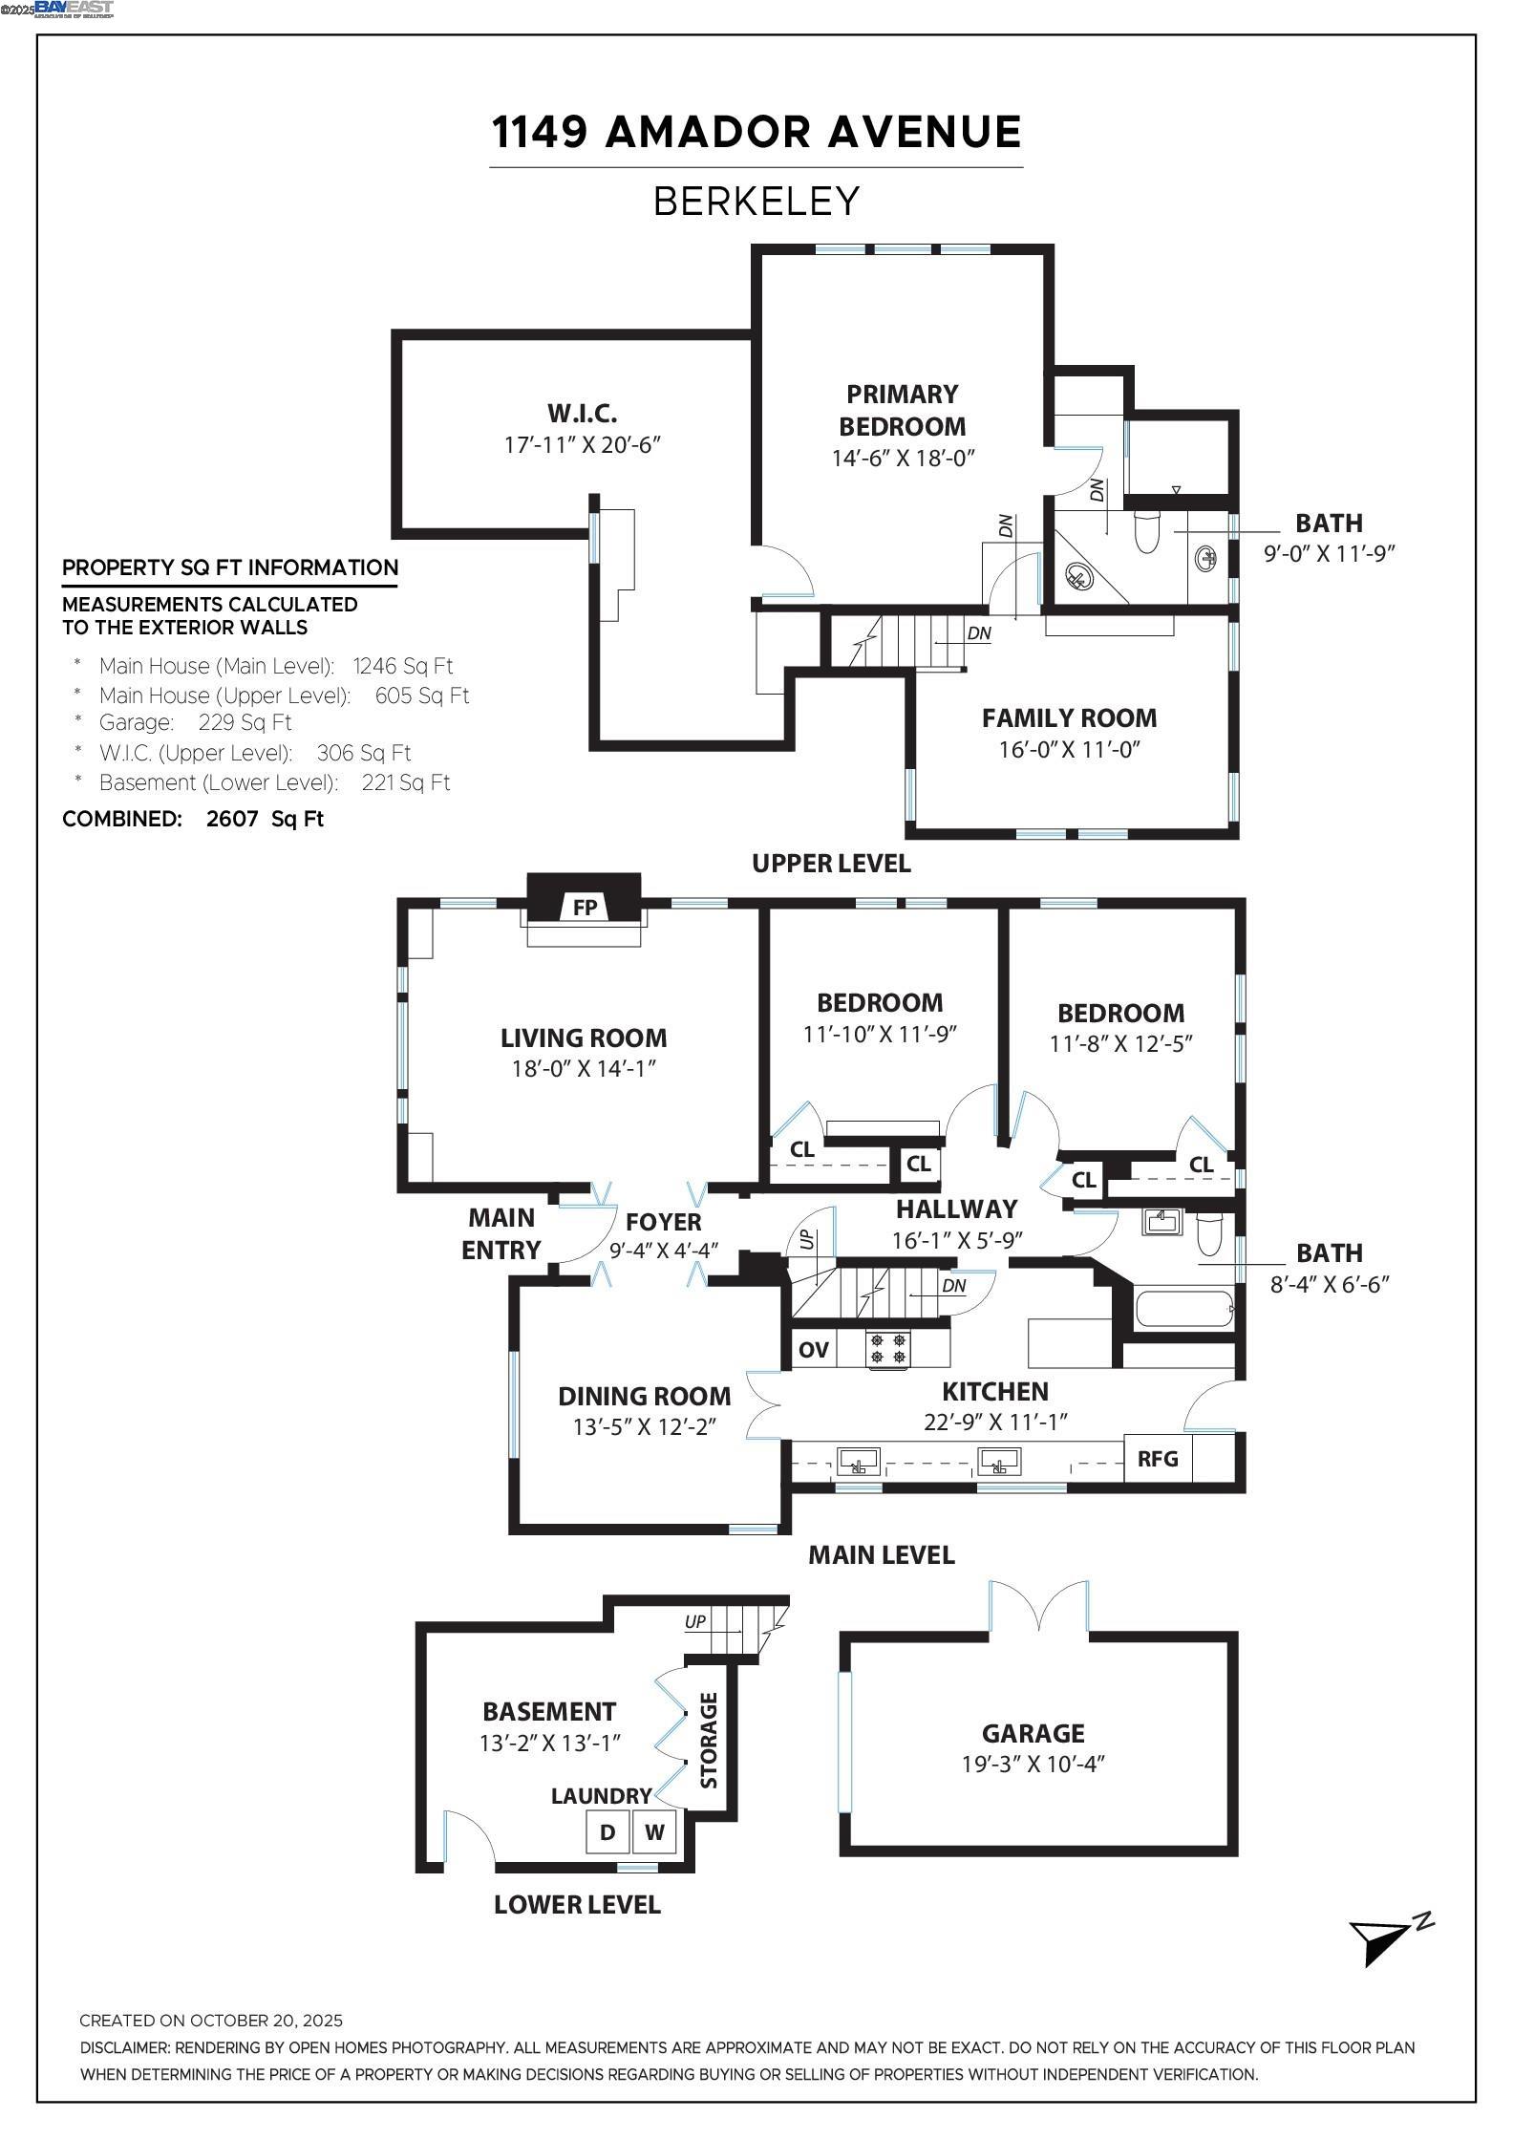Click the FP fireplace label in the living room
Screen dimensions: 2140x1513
(x=585, y=907)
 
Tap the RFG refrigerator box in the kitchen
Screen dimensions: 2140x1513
(x=1158, y=1458)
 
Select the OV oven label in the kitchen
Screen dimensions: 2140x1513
(x=813, y=1349)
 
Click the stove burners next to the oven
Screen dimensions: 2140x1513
(x=889, y=1348)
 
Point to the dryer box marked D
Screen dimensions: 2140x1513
(x=607, y=1831)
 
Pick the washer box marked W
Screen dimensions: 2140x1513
(x=654, y=1831)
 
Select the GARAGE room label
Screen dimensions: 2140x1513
(x=1033, y=1733)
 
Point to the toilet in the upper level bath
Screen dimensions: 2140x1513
(x=1145, y=530)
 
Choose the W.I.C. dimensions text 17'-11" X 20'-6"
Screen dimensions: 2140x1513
(x=583, y=444)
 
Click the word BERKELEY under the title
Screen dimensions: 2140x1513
(x=756, y=202)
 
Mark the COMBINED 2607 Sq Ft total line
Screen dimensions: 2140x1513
(x=193, y=819)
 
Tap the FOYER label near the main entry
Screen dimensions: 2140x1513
(x=663, y=1221)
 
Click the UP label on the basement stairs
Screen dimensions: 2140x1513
(x=695, y=1621)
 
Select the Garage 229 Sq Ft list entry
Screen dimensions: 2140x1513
(x=195, y=722)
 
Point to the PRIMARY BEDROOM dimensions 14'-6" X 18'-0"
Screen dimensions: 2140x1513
(x=903, y=458)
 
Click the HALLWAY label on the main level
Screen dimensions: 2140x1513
(x=956, y=1209)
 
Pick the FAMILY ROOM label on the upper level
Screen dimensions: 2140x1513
(x=1069, y=717)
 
